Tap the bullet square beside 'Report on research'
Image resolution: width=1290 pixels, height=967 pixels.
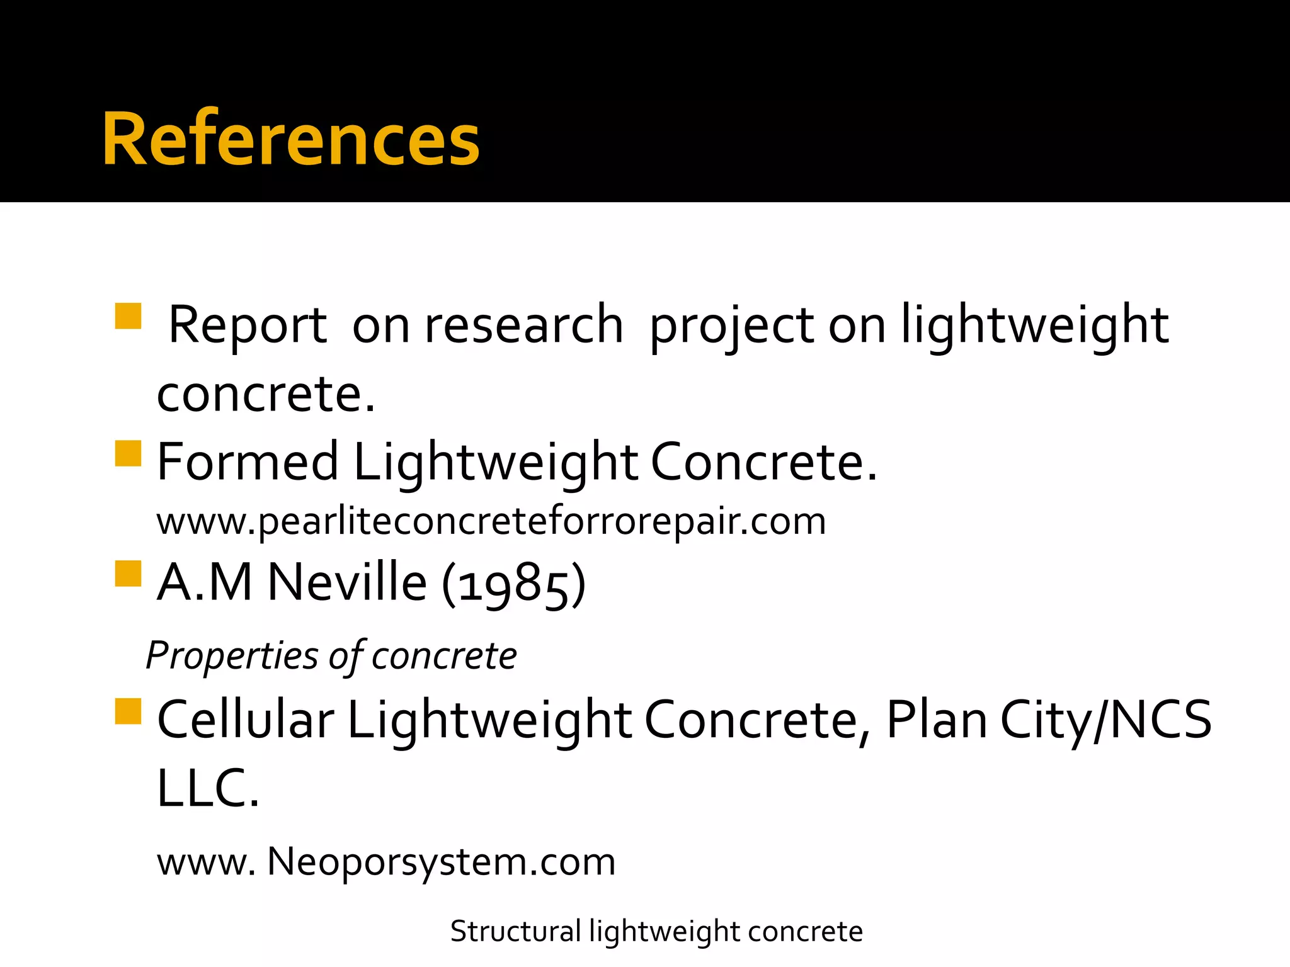[128, 316]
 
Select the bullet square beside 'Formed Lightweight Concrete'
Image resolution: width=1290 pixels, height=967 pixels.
[128, 453]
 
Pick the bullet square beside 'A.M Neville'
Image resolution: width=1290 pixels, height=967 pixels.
[128, 574]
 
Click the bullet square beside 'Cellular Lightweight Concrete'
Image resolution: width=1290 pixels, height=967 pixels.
[128, 711]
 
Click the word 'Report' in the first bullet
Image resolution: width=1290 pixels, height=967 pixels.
[248, 325]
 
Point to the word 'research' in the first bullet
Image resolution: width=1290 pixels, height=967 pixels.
[523, 325]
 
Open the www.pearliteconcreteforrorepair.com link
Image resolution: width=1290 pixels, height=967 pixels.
[491, 521]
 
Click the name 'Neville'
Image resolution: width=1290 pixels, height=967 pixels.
[347, 582]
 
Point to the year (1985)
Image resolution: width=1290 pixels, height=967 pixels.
[514, 584]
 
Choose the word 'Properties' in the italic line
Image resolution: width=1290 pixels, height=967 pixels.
[232, 656]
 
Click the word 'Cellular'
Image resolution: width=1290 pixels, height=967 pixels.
[245, 720]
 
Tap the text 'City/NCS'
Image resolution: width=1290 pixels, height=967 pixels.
[1105, 720]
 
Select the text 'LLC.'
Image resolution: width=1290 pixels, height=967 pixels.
[207, 788]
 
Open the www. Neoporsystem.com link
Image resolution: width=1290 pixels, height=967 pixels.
[385, 861]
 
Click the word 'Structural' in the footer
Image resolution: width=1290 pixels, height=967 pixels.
[515, 931]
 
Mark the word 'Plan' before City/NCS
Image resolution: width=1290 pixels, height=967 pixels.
[937, 720]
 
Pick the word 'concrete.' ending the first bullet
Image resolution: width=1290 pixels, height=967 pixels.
[265, 395]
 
